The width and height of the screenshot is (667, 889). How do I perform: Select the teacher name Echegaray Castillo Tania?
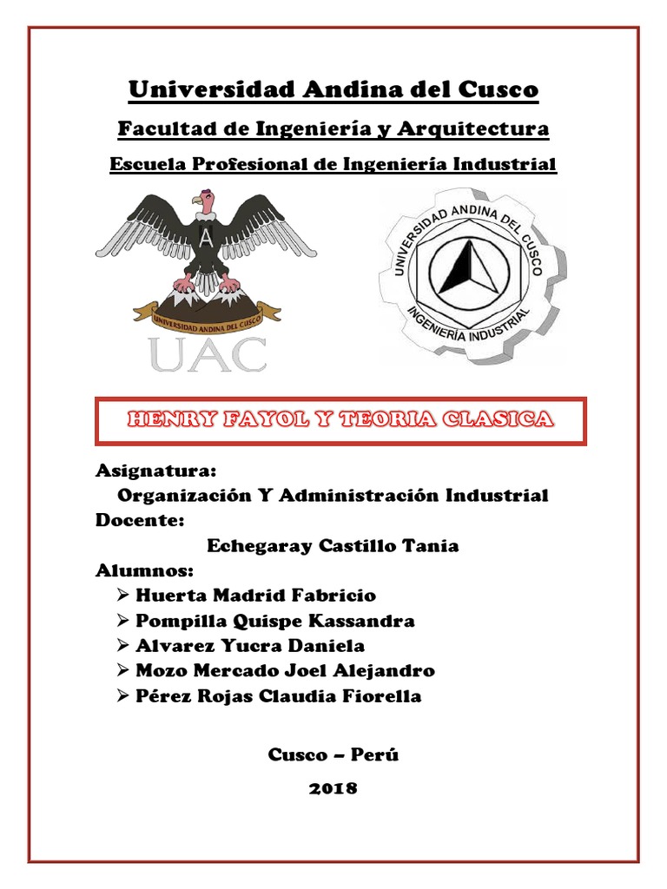click(x=333, y=546)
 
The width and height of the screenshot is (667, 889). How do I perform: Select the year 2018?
click(x=333, y=788)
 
